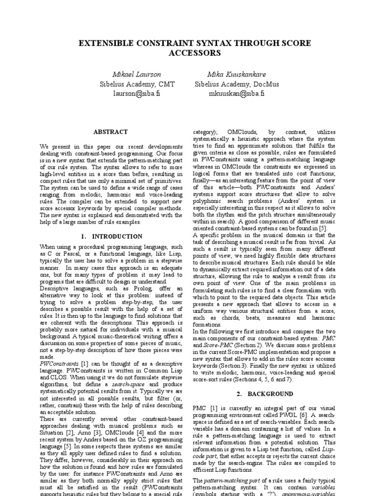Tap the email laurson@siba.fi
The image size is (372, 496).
136,93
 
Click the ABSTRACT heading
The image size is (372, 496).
111,132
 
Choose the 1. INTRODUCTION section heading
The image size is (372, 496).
111,236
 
